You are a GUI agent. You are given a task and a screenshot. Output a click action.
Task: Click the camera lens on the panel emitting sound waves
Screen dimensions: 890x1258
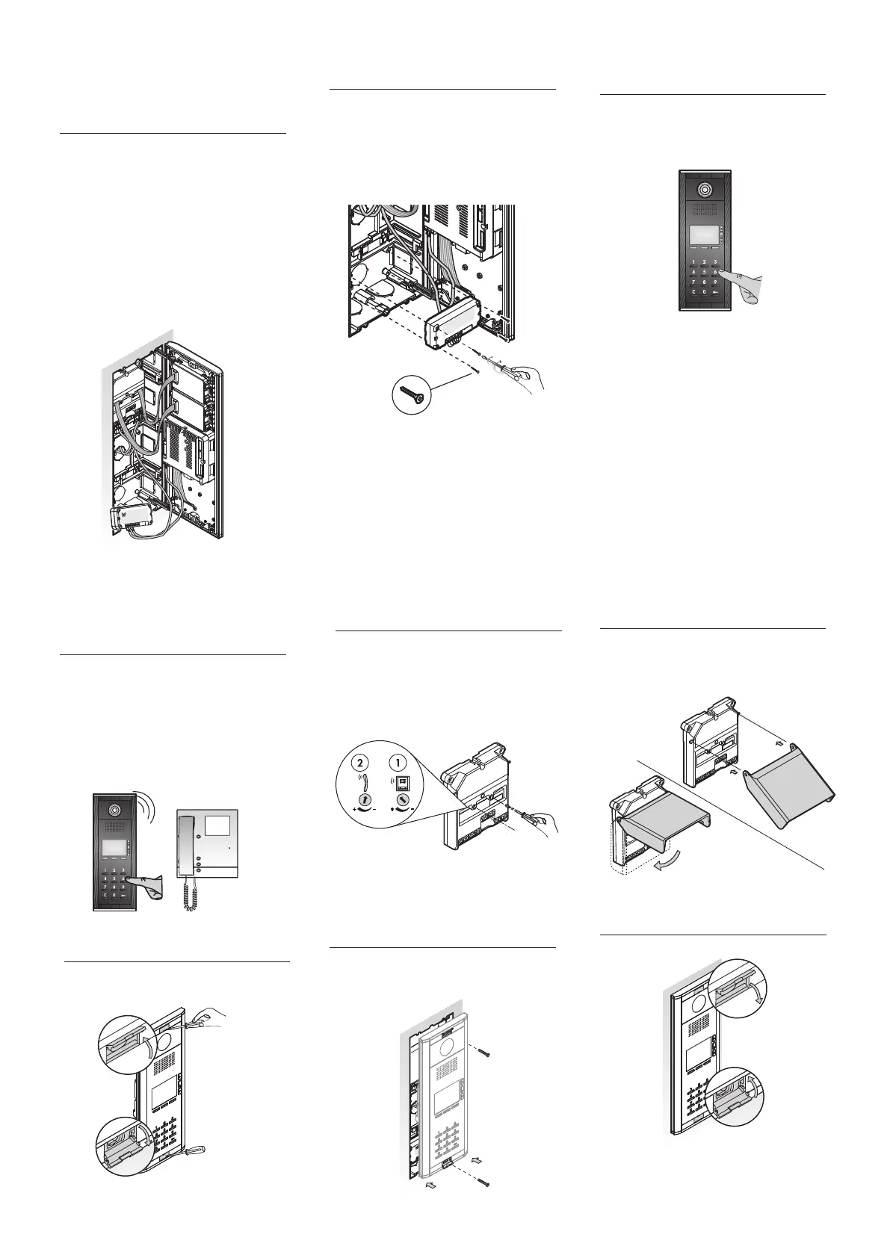coord(114,810)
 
